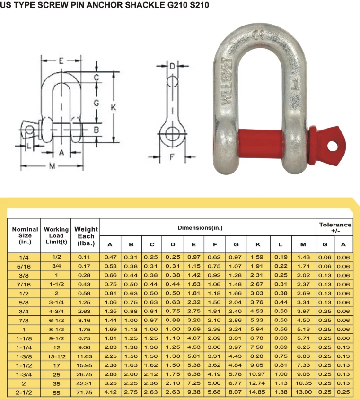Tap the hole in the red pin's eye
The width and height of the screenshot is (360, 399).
coord(332,147)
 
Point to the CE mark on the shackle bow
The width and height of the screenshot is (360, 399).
coord(259,35)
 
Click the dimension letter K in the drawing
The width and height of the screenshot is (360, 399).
coord(113,107)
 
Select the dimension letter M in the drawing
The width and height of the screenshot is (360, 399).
coord(52,166)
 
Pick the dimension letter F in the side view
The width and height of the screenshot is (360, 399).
coord(172,157)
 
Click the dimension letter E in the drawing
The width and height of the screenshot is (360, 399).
coord(61,61)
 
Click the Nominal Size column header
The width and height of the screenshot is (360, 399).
coord(25,235)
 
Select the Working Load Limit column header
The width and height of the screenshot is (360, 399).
coord(56,235)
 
